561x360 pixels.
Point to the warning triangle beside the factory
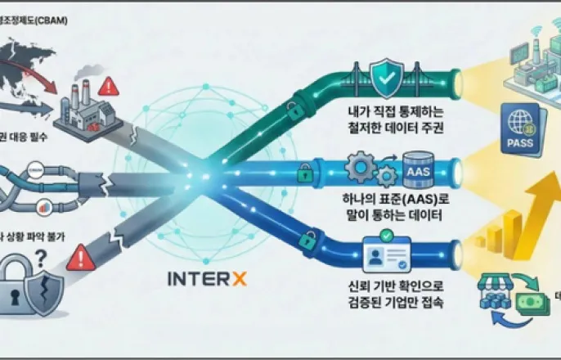108,87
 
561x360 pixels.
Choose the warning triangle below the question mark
81,260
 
